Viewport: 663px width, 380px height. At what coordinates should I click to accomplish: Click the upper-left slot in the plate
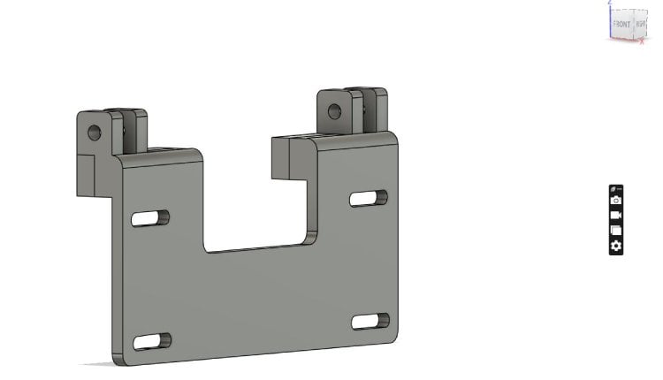point(150,217)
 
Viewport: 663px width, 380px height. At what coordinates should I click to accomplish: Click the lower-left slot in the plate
point(152,340)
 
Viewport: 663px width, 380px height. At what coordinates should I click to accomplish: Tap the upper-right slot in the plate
point(368,198)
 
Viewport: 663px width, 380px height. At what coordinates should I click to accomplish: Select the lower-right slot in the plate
point(370,321)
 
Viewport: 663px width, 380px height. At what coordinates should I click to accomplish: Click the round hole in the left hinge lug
point(95,133)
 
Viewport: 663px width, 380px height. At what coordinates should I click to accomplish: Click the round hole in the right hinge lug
point(334,111)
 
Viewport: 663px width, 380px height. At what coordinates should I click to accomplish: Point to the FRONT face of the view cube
point(621,24)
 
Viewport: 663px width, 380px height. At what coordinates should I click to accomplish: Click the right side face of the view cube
point(641,25)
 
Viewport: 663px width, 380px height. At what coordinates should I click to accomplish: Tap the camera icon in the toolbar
point(616,201)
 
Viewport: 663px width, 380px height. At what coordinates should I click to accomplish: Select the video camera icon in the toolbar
point(616,216)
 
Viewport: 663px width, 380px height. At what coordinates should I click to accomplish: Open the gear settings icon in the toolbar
point(616,246)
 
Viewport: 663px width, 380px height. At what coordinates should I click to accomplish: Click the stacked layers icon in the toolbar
point(616,231)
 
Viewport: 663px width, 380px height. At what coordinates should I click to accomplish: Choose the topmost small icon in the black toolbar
point(616,189)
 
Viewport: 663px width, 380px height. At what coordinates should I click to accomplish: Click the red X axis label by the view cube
point(642,42)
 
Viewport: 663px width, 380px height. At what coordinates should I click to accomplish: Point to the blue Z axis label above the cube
point(610,3)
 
